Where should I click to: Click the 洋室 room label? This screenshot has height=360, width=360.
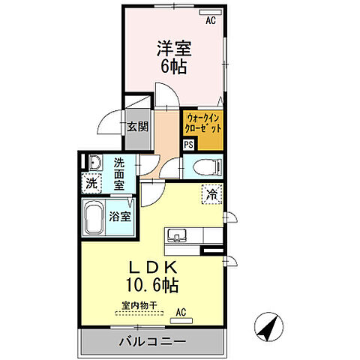173,49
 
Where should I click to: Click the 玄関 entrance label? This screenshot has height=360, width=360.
136,126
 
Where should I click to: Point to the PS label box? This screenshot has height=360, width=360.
188,145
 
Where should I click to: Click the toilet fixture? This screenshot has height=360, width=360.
204,166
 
